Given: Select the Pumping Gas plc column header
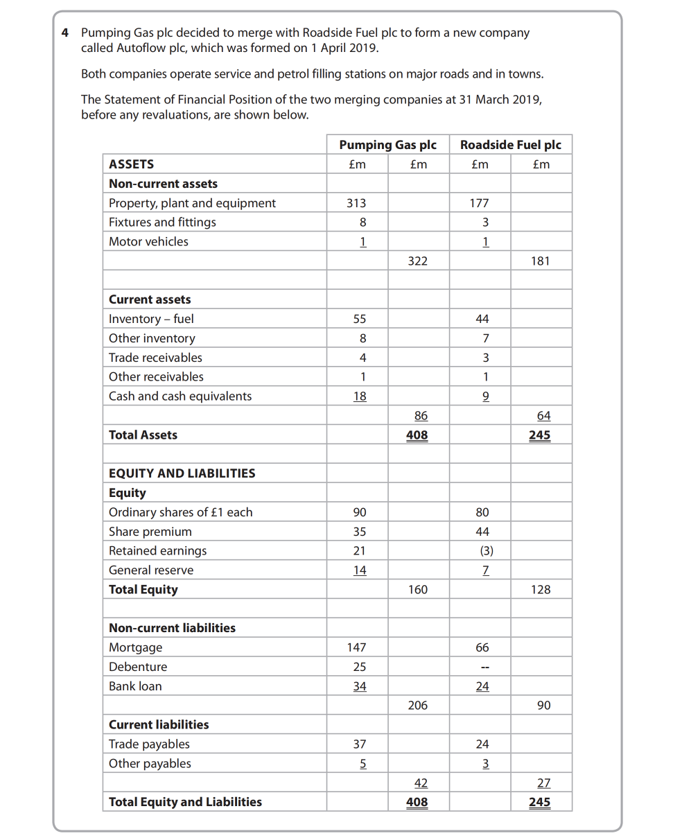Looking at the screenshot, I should tap(387, 145).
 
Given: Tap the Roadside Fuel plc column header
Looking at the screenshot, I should tap(510, 145).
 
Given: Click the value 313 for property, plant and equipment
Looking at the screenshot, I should tap(356, 203).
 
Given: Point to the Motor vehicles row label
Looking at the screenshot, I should tap(148, 242).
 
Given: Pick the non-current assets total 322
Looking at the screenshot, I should tap(417, 261).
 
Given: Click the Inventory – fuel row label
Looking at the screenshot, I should tap(151, 319).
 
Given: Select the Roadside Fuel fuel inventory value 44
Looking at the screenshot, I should tap(482, 319).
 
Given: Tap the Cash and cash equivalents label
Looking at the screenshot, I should tap(180, 396).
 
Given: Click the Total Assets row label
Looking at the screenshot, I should tap(143, 435).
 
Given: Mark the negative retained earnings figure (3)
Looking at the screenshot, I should tap(485, 551).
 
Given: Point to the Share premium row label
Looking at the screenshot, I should tap(150, 532).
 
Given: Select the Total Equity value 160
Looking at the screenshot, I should tap(417, 590).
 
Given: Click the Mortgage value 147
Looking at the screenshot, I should tap(356, 647).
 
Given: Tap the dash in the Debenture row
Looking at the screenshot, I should tap(486, 667).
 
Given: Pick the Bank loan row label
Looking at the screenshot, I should tap(135, 686).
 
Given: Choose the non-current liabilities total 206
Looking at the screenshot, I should tap(417, 706).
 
